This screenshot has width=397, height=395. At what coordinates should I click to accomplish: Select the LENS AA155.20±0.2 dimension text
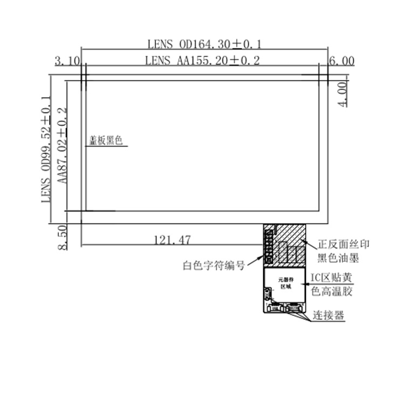(x=202, y=60)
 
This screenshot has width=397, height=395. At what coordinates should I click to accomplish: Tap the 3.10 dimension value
(x=67, y=61)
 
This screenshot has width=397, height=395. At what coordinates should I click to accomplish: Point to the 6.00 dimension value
(x=341, y=61)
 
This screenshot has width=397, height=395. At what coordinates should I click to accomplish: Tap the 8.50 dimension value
(x=61, y=237)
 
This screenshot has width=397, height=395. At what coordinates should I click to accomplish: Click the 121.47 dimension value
(x=172, y=239)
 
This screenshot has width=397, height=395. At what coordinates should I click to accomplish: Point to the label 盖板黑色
(x=106, y=141)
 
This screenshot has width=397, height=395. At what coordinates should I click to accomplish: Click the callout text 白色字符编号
(x=214, y=265)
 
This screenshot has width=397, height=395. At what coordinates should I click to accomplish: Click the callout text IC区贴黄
(x=332, y=278)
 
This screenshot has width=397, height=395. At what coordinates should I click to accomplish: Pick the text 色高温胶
(x=332, y=292)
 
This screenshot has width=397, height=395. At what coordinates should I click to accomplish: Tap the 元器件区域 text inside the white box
(x=285, y=284)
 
